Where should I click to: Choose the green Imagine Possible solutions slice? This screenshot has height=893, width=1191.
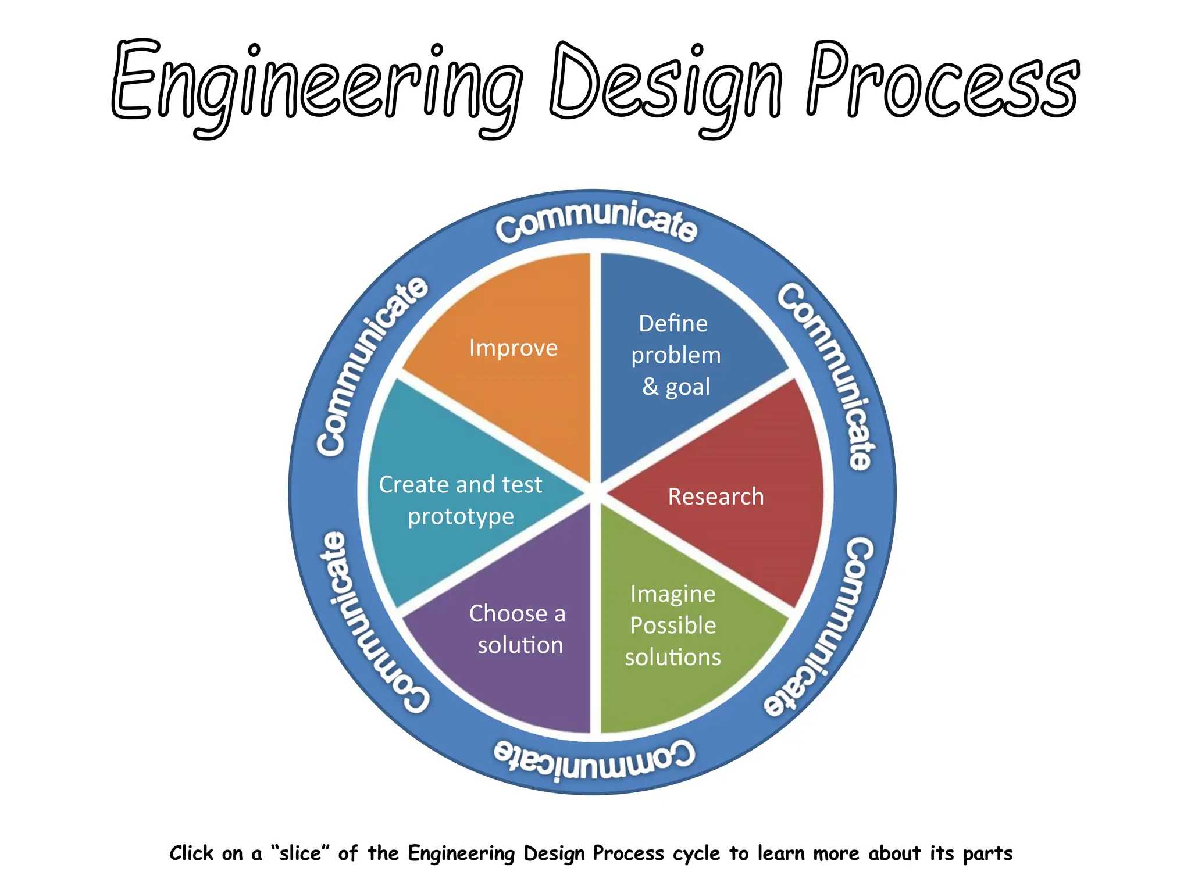tap(675, 628)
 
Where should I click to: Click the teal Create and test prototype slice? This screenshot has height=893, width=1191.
tap(459, 500)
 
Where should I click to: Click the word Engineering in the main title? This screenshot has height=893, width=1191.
tap(317, 84)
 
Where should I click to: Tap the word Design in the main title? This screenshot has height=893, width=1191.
tap(666, 84)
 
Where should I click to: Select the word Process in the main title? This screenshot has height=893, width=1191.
tap(942, 81)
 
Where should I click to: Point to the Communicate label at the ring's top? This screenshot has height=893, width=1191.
tap(596, 221)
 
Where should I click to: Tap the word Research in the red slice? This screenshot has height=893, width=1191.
tap(716, 496)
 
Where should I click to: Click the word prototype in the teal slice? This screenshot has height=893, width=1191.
tap(461, 517)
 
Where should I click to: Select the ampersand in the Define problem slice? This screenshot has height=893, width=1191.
tap(650, 386)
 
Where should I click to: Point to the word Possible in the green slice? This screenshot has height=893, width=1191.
tap(673, 626)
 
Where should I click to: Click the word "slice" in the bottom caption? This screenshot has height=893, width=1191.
tap(301, 853)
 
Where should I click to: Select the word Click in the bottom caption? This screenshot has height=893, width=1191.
tap(191, 853)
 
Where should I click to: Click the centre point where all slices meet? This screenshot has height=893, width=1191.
tap(595, 492)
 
